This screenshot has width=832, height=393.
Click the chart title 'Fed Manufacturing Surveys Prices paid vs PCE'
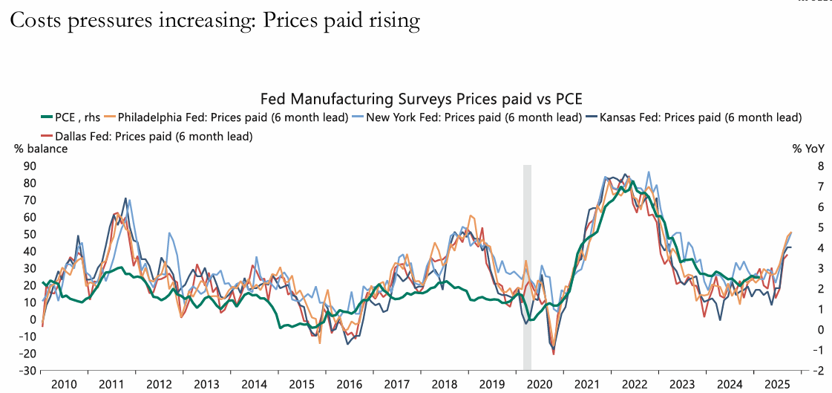(422, 98)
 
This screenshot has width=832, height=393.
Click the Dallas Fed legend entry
(152, 136)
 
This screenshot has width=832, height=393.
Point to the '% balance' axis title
(41, 149)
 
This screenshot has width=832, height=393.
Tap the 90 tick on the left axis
(30, 166)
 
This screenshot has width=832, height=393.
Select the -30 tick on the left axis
(27, 371)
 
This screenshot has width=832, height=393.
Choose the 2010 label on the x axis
(64, 384)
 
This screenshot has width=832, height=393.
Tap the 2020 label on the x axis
(540, 384)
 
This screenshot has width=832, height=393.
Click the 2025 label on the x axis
(778, 384)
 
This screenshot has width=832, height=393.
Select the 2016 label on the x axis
(349, 384)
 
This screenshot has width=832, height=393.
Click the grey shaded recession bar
(528, 267)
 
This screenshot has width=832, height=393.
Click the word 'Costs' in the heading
(36, 21)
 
